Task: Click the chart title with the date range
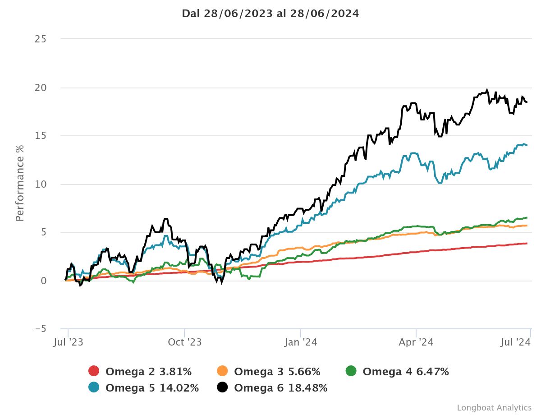coord(270,14)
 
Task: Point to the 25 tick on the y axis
coord(41,39)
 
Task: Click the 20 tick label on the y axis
coord(41,88)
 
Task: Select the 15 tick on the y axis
coord(41,136)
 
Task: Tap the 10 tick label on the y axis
coord(41,184)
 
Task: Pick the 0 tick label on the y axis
coord(43,281)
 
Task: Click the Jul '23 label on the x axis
coord(68,342)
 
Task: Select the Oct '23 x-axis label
coord(184,342)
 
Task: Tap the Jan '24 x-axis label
coord(301,342)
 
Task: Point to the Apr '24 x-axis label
coord(416,342)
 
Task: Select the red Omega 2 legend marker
coord(94,371)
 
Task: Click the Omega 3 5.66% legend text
coord(277,372)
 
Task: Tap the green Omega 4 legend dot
coord(351,371)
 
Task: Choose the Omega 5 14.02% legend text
coord(152,387)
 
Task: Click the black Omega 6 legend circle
coord(222,387)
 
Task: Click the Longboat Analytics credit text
coord(494,407)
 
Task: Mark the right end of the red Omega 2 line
coord(527,244)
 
